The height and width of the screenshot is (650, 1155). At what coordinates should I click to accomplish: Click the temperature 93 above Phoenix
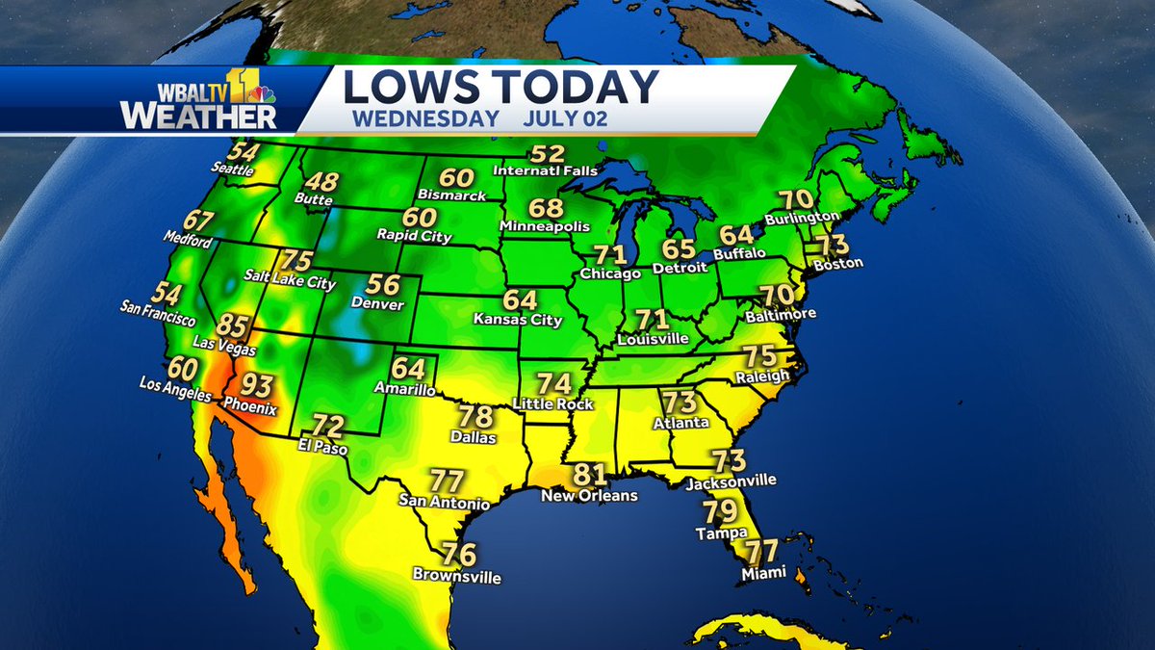tap(256, 386)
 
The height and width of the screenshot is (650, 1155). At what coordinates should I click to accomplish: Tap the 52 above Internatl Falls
tap(547, 154)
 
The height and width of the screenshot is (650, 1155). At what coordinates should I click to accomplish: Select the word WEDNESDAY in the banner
tap(425, 119)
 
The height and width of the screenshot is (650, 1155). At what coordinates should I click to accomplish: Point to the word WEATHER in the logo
tap(198, 116)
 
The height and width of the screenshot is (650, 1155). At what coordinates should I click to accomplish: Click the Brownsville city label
tap(456, 577)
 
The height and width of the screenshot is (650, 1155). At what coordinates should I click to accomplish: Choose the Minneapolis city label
tap(544, 226)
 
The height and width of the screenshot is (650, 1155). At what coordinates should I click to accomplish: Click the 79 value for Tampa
tap(720, 511)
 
